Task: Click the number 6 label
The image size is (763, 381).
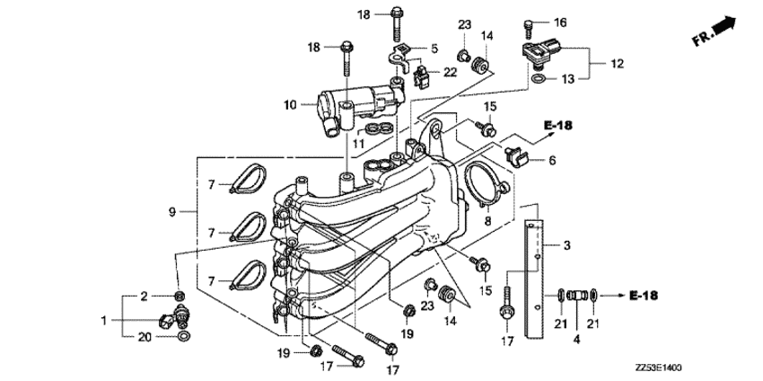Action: [552, 161]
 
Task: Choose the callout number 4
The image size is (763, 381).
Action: [577, 341]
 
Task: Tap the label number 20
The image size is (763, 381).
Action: [145, 337]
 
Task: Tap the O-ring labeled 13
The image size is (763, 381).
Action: [537, 80]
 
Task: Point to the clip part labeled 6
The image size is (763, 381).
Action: [518, 155]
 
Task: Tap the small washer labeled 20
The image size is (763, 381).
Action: [182, 337]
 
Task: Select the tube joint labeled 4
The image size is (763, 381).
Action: [577, 294]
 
